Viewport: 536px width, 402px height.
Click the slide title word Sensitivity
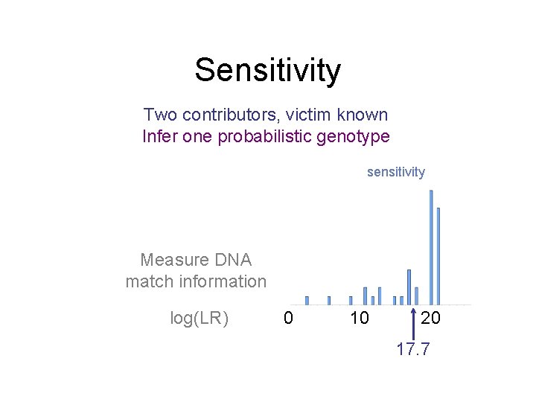pos(267,71)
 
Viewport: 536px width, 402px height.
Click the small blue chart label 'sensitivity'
pos(395,172)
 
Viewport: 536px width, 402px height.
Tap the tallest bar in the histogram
pos(431,247)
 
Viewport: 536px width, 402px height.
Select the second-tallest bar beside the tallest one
pos(438,256)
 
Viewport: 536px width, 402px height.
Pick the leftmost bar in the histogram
pos(307,301)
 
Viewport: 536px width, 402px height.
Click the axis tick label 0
pos(288,319)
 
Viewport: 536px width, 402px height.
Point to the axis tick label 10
pos(359,319)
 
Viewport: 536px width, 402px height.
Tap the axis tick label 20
pos(430,319)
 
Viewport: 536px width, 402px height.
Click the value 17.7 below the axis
pos(413,350)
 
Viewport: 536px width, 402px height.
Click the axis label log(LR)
pos(200,319)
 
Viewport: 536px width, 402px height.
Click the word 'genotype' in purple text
pos(356,137)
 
